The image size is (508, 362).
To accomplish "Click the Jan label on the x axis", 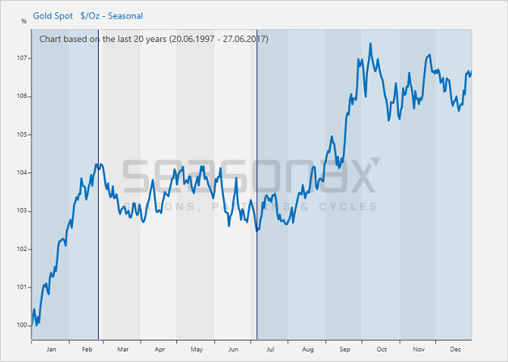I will click(x=51, y=350).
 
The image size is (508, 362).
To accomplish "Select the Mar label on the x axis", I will click(x=122, y=350).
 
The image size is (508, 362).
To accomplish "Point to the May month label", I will click(x=197, y=350).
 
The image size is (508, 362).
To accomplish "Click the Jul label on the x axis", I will click(x=270, y=350).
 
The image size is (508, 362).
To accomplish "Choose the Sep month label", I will click(x=345, y=350).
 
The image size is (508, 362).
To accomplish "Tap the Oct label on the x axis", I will click(x=381, y=350).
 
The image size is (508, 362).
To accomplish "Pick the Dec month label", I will click(x=455, y=350).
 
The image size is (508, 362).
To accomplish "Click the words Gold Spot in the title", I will click(x=53, y=15).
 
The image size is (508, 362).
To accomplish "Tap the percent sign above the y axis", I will click(x=23, y=21).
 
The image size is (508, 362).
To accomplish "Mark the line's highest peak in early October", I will click(x=370, y=44).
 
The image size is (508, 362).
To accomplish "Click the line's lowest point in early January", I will click(x=37, y=325).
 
